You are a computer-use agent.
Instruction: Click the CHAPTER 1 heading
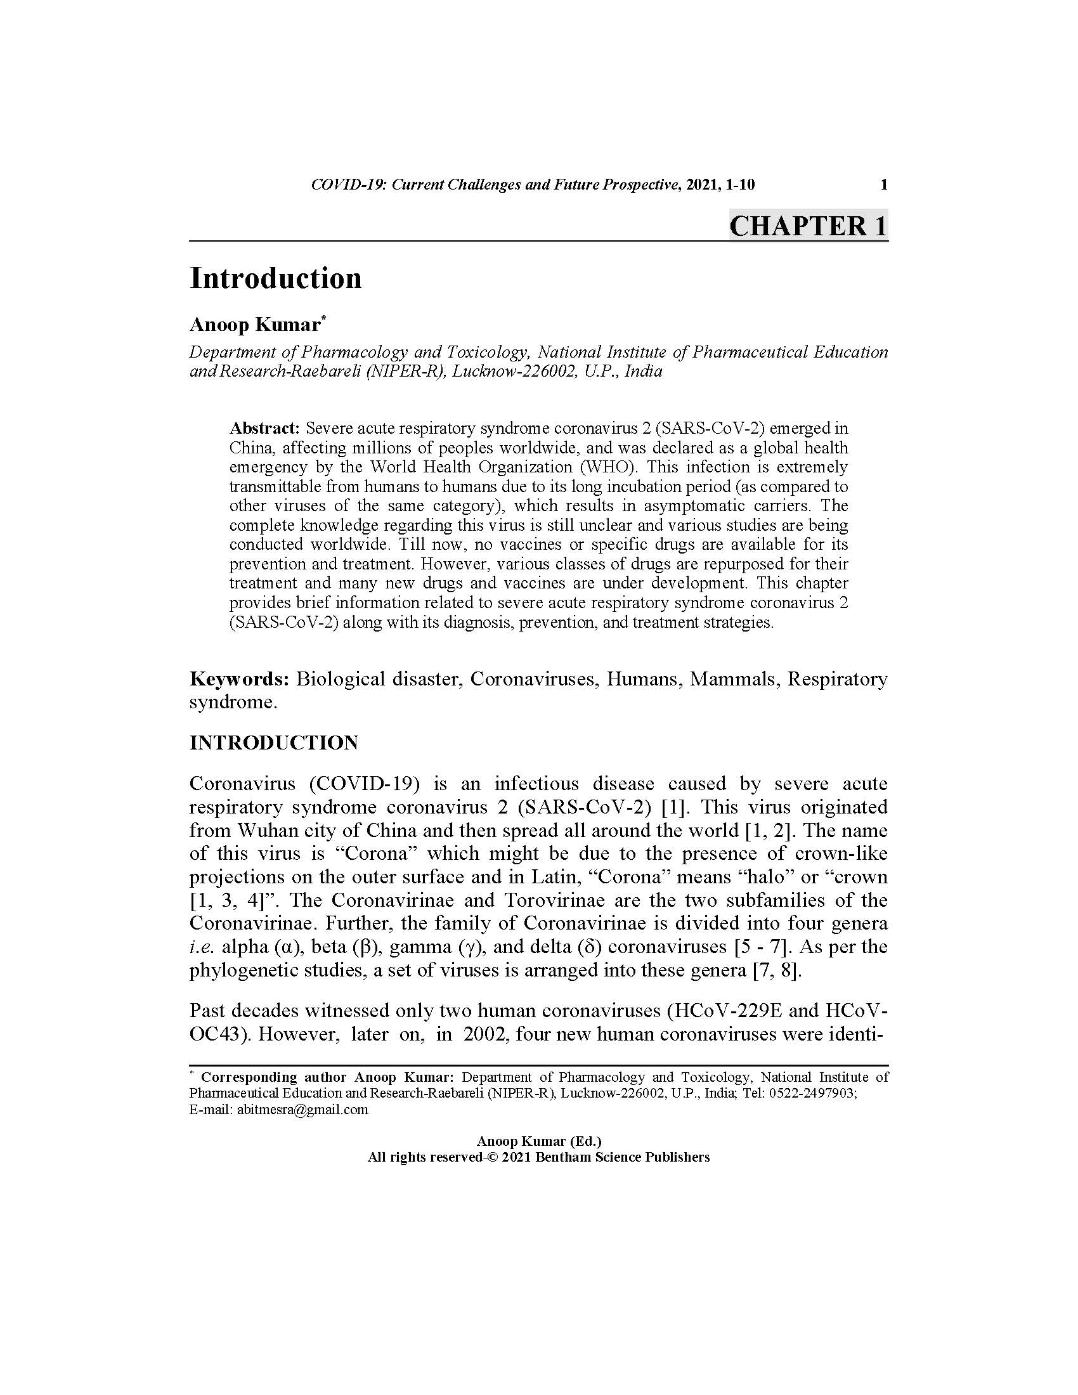[x=808, y=226]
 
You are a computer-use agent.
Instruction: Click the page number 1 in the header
[x=884, y=185]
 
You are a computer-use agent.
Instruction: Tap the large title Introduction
[x=275, y=278]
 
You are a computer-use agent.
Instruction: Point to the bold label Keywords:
[x=240, y=678]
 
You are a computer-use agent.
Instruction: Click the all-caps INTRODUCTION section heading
[x=273, y=743]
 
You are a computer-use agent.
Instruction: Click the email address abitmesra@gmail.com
[x=302, y=1110]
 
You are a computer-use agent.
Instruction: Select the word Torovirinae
[x=553, y=900]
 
